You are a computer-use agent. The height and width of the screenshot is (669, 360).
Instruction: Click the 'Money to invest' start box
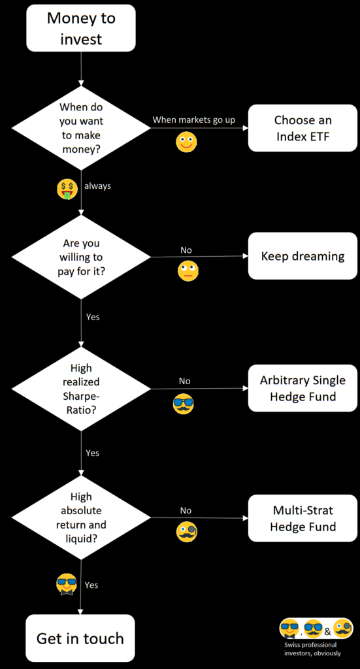(x=81, y=28)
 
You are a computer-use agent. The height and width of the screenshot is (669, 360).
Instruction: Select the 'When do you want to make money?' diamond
(x=81, y=128)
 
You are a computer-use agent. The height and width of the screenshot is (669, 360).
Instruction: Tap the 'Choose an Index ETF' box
(x=303, y=128)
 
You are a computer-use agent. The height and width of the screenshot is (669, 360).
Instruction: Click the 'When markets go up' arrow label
(x=193, y=120)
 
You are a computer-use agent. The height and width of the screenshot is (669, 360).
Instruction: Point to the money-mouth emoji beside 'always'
(x=67, y=189)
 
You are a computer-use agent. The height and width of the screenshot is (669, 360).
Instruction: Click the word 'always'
(x=98, y=186)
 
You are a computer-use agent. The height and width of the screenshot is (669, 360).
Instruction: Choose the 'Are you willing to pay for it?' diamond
(x=81, y=257)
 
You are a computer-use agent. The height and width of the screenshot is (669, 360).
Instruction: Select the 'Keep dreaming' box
(x=303, y=256)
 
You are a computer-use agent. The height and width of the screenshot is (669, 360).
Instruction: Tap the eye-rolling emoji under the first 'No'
(x=188, y=271)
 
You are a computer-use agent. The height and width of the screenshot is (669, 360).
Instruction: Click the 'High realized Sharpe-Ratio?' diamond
(x=81, y=389)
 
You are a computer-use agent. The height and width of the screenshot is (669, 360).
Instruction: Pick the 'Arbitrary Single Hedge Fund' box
(x=303, y=388)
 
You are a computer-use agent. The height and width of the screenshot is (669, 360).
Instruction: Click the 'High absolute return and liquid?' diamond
(x=81, y=518)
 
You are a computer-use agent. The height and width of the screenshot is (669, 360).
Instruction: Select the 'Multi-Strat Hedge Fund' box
(x=303, y=518)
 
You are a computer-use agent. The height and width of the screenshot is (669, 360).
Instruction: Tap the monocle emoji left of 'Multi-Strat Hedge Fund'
(x=188, y=532)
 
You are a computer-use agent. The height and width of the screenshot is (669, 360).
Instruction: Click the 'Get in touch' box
(x=80, y=638)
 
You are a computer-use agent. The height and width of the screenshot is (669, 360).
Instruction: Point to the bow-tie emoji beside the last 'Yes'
(x=67, y=585)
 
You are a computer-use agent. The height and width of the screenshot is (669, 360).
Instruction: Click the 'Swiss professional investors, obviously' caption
(x=313, y=649)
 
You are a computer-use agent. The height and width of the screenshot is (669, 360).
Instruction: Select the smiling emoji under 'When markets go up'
(x=186, y=142)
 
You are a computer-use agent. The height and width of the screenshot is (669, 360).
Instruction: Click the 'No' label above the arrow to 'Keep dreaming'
(x=186, y=250)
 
